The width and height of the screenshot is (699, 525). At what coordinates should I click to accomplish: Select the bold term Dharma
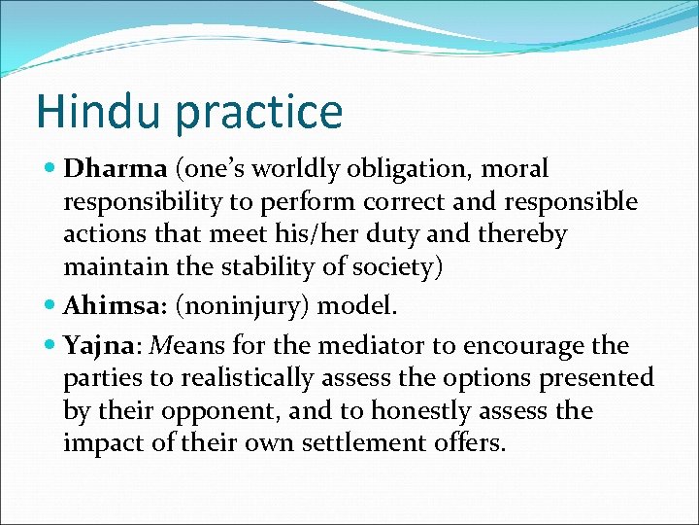point(116,169)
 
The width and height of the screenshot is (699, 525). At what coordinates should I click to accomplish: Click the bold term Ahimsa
point(107,306)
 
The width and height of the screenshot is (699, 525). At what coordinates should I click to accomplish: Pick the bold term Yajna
point(99,346)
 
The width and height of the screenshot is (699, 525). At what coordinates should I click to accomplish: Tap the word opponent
point(219,411)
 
